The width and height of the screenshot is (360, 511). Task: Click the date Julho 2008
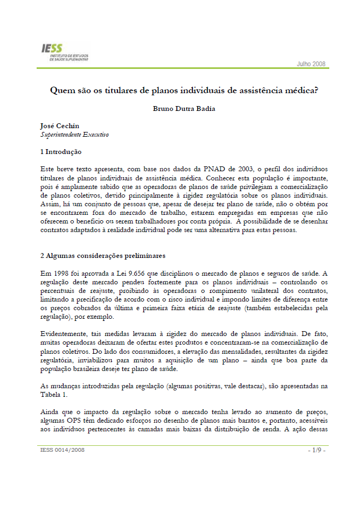311,64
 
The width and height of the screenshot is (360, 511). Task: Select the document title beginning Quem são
184,90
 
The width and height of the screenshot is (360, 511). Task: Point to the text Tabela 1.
54,395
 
